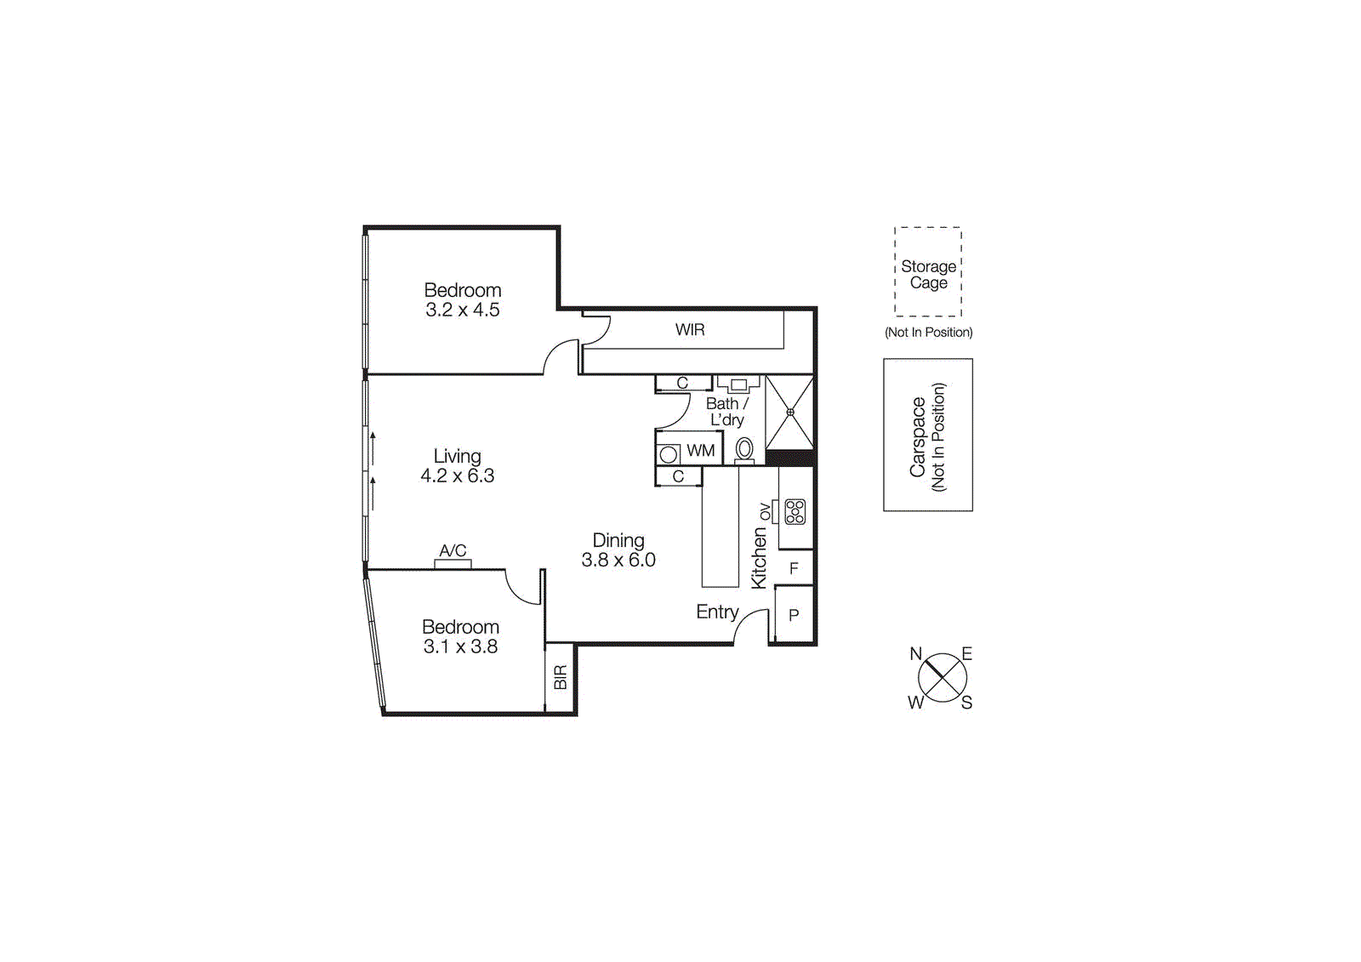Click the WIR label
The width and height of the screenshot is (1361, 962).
[x=690, y=329]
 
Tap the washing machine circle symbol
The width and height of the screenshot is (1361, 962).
[x=669, y=454]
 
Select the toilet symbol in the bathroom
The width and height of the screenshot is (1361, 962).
[x=744, y=449]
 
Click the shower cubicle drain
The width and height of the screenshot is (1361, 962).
[x=790, y=413]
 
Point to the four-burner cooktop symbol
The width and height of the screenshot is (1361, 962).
[x=794, y=511]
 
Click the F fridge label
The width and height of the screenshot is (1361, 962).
[x=794, y=568]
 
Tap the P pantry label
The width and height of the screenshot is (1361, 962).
[x=794, y=615]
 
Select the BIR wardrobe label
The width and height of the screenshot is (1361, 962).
[x=560, y=678]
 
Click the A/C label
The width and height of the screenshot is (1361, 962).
[x=453, y=550]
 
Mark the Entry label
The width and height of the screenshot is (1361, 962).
[x=717, y=612]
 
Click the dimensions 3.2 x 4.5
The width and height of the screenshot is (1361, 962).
[x=463, y=310]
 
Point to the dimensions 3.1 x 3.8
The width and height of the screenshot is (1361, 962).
[x=460, y=646]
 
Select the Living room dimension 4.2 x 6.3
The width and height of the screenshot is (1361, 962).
[x=457, y=476]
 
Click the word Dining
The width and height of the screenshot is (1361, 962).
[x=618, y=540]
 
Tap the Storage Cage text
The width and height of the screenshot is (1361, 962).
[x=928, y=274]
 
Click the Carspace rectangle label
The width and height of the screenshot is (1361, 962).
[x=918, y=436]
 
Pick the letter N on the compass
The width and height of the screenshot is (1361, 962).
[x=916, y=654]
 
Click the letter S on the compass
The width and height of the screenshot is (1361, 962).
[x=966, y=703]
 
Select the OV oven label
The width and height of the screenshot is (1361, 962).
[x=765, y=511]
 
